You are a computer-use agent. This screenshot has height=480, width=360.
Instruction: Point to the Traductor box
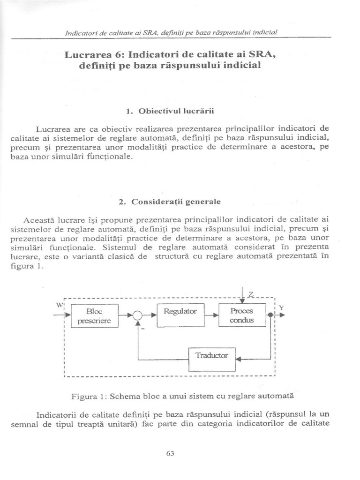212,355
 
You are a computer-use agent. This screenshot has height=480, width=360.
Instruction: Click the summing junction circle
137,316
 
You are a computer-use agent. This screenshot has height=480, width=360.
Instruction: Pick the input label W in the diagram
60,304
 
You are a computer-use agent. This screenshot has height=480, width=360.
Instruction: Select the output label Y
281,307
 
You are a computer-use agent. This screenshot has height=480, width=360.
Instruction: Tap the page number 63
170,453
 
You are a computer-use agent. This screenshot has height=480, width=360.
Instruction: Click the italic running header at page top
171,32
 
